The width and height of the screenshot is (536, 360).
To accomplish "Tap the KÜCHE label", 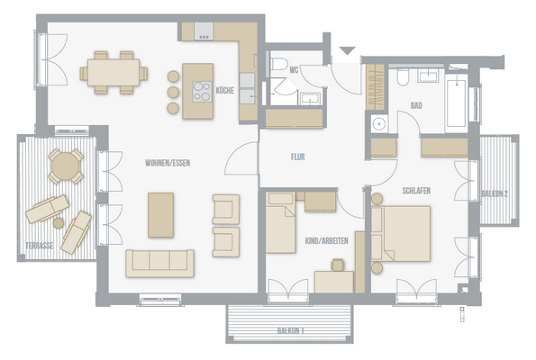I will tap(225, 88).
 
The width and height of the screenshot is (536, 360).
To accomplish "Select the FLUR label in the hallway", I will tap(297, 156).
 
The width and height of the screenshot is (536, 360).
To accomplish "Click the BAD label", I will tap(416, 104).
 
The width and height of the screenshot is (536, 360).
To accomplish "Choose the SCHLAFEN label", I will tap(415, 191).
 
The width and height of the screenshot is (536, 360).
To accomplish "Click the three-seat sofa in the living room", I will tap(160, 262).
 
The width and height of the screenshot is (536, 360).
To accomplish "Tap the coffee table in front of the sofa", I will tap(160, 214).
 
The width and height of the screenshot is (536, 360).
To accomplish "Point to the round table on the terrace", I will tap(65, 165).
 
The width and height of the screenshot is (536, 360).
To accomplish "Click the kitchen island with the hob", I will tap(197, 91).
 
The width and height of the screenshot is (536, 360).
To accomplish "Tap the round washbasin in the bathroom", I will tap(379, 123).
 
